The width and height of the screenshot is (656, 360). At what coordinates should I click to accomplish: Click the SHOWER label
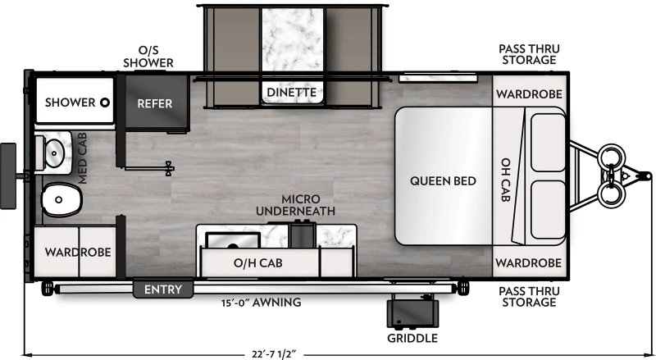[x=71, y=103]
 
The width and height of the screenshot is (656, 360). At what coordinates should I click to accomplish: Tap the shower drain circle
[x=105, y=103]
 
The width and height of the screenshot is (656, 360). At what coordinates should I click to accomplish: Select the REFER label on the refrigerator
[x=154, y=103]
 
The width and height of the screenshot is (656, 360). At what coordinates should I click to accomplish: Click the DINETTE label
[x=291, y=93]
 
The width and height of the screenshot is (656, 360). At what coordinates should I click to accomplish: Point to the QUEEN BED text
[x=443, y=180]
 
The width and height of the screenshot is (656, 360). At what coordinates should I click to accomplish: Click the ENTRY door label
[x=162, y=289]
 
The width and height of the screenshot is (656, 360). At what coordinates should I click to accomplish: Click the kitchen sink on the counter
[x=233, y=239]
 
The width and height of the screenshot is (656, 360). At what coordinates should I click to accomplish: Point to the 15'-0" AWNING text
[x=262, y=303]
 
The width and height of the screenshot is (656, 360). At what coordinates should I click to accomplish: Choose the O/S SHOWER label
[x=148, y=55]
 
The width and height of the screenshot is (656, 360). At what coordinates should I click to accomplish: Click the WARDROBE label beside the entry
[x=78, y=251]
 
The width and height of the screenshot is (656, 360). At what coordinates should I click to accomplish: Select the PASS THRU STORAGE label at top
[x=529, y=54]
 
